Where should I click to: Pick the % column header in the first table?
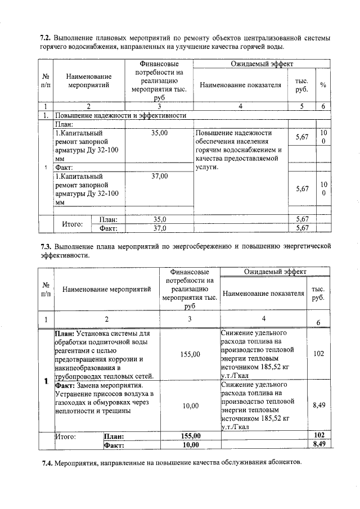point(323,84)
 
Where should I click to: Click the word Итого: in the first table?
point(73,223)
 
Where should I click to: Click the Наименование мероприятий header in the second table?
point(106,289)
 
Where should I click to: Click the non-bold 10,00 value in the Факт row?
point(191,405)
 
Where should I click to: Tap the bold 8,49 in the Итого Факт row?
point(319,444)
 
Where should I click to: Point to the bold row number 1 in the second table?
point(45,382)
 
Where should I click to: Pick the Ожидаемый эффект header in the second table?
point(274,272)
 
